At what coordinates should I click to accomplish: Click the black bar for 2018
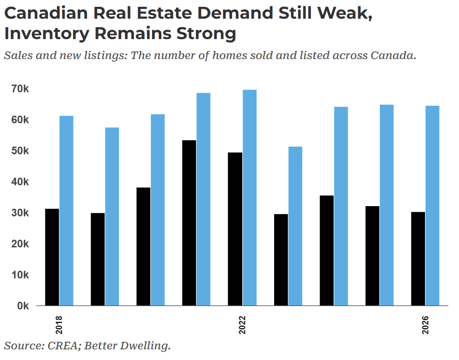click(x=52, y=257)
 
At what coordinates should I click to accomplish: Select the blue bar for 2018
click(x=66, y=210)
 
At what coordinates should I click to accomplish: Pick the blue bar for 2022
click(x=249, y=197)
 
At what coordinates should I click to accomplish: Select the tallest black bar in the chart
click(x=189, y=223)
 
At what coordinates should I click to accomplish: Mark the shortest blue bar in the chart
click(x=295, y=226)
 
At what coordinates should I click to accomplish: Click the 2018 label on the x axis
click(x=59, y=325)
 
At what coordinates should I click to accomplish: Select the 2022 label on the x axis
click(x=242, y=325)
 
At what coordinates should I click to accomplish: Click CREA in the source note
click(x=61, y=346)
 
